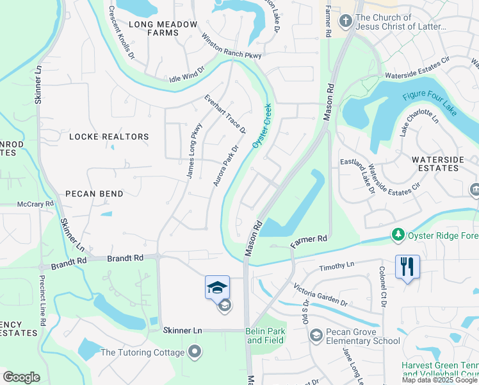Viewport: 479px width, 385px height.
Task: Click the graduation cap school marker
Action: (217, 287)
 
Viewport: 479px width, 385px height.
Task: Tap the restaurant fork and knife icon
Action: (407, 266)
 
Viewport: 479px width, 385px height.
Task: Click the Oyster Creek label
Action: (262, 126)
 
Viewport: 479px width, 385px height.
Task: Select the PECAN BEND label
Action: (93, 193)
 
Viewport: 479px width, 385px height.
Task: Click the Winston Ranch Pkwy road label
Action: (232, 46)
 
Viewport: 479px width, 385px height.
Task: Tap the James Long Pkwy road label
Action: (194, 150)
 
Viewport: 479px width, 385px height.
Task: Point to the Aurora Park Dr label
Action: (225, 166)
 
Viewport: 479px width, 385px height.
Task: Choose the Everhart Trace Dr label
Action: (225, 114)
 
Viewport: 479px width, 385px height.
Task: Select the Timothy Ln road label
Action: (337, 265)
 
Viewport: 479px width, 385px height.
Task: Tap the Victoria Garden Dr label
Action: (321, 294)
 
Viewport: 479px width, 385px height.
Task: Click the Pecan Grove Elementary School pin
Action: (315, 336)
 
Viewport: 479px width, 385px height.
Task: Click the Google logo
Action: (21, 377)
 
